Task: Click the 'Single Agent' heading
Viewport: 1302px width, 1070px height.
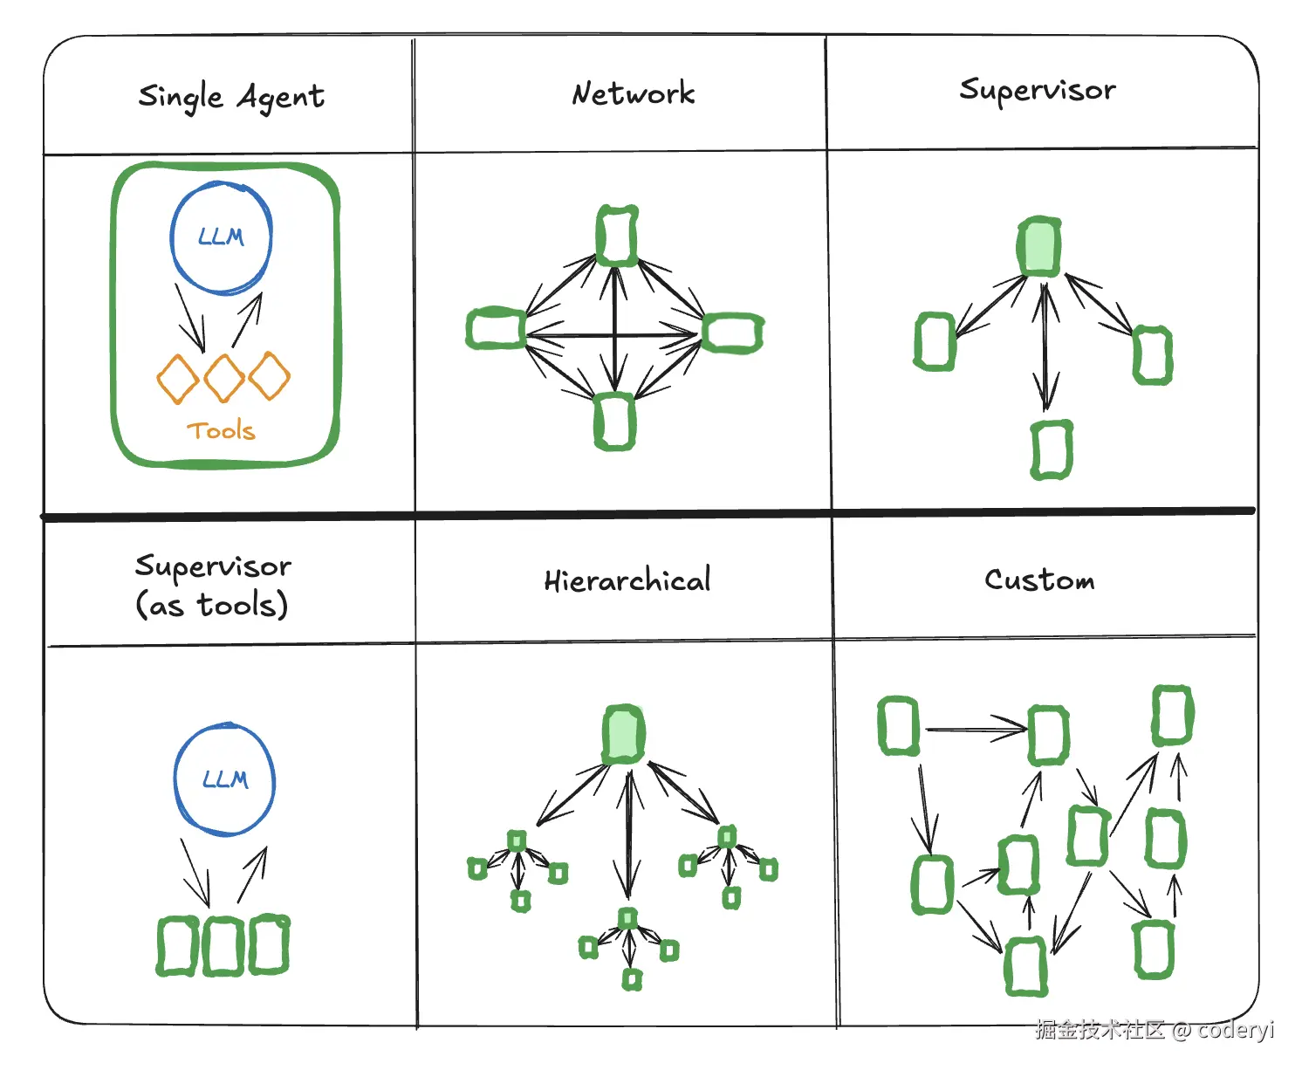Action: (231, 96)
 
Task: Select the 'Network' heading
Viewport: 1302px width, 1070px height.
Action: (634, 93)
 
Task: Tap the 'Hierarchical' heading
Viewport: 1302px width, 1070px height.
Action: (627, 580)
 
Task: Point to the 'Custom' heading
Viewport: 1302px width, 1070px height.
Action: (1039, 580)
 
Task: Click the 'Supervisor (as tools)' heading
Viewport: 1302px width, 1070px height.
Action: (213, 586)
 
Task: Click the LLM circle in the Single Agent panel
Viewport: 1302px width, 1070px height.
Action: (222, 237)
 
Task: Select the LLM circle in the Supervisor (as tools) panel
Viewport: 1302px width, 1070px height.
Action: (225, 779)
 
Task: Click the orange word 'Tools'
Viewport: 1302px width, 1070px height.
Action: (222, 430)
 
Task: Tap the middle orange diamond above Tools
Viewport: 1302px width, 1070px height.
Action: (224, 377)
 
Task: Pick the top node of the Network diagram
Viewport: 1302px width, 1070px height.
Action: (617, 236)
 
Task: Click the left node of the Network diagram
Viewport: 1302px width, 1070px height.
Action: (496, 329)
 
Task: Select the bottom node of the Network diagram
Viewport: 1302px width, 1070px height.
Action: (614, 422)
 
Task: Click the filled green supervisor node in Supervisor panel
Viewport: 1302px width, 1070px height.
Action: (1039, 247)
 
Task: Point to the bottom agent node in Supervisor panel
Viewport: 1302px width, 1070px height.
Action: (1052, 449)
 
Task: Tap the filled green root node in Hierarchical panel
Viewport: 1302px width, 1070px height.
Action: (623, 734)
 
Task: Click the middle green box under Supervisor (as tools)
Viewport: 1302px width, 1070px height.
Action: (223, 945)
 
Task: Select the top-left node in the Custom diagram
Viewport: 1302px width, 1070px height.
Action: (898, 725)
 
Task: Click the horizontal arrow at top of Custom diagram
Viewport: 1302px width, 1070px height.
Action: (976, 730)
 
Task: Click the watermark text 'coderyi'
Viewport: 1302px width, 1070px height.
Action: (1236, 1030)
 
